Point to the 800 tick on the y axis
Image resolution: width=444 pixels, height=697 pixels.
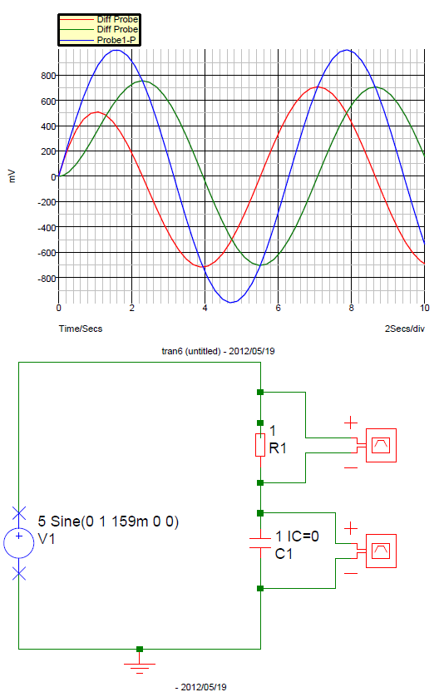click(48, 76)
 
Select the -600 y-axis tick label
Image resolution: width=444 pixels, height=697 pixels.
click(47, 253)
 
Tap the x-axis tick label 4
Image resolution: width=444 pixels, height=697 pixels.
click(205, 308)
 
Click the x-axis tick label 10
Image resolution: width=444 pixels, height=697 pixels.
click(424, 308)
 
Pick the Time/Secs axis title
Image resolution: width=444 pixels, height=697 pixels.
click(81, 329)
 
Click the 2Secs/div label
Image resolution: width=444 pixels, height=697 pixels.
click(404, 329)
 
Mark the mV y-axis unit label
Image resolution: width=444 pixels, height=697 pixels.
click(12, 176)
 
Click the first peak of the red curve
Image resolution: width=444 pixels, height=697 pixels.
click(97, 112)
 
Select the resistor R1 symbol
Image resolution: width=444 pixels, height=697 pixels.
click(260, 445)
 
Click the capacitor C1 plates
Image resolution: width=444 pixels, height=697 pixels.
click(260, 543)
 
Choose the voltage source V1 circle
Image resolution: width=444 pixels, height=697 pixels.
click(18, 542)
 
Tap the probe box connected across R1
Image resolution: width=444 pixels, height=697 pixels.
click(381, 446)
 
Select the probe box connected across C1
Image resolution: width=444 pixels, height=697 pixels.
click(381, 551)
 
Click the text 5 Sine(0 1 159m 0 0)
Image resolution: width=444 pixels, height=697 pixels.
click(108, 521)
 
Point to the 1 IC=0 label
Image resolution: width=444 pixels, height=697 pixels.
click(298, 536)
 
